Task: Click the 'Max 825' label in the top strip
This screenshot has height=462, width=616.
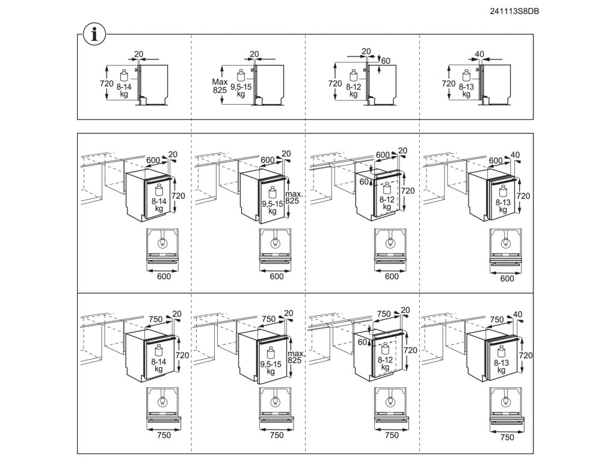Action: pyautogui.click(x=220, y=85)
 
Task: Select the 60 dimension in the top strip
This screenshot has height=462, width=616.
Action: pyautogui.click(x=386, y=60)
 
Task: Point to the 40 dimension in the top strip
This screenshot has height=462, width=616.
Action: pyautogui.click(x=479, y=54)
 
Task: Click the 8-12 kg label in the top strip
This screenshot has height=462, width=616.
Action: pyautogui.click(x=353, y=90)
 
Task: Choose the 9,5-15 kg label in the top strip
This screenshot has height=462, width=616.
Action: pyautogui.click(x=241, y=90)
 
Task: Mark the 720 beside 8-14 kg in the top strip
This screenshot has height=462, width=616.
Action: pyautogui.click(x=106, y=84)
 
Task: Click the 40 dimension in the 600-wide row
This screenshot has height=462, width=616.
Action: pyautogui.click(x=515, y=155)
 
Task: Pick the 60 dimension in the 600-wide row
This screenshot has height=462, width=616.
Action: pyautogui.click(x=363, y=181)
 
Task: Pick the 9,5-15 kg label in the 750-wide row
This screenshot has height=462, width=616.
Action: pyautogui.click(x=272, y=368)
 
